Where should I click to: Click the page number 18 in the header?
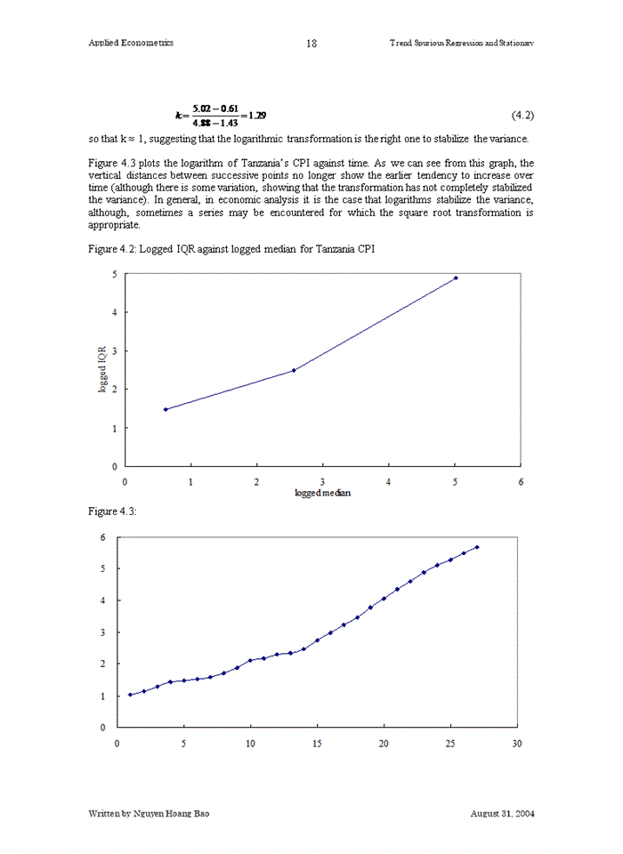point(311,43)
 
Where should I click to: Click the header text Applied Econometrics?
point(131,43)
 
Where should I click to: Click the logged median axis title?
point(323,492)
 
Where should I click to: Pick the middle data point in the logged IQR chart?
point(294,370)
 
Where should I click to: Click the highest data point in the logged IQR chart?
point(456,278)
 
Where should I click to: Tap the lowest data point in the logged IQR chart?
point(166,409)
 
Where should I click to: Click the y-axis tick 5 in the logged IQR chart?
point(114,274)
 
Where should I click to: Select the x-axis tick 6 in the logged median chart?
point(521,481)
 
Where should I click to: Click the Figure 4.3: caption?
point(112,511)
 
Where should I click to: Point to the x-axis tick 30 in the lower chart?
point(517,743)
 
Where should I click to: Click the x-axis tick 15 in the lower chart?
point(317,743)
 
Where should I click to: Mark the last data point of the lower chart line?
point(477,547)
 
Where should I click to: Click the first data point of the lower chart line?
point(131,695)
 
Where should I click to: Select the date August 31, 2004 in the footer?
point(502,813)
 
